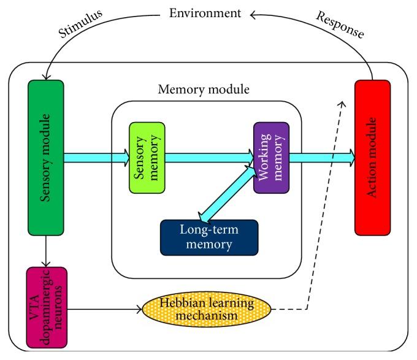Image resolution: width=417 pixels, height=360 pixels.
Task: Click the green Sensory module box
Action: (x=45, y=158)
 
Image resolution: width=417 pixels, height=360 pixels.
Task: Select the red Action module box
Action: (x=372, y=158)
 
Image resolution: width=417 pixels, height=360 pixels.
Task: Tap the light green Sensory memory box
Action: (x=147, y=158)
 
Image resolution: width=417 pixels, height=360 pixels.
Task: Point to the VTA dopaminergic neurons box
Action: (x=45, y=306)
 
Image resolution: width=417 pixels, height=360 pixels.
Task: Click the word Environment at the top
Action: (x=204, y=12)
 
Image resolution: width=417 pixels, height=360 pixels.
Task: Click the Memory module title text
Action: (x=204, y=89)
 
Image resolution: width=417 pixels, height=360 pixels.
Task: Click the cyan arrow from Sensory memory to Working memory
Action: (x=209, y=158)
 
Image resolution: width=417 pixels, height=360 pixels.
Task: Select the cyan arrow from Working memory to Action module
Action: (x=321, y=158)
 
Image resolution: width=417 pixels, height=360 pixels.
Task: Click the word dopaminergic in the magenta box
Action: (x=46, y=306)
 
